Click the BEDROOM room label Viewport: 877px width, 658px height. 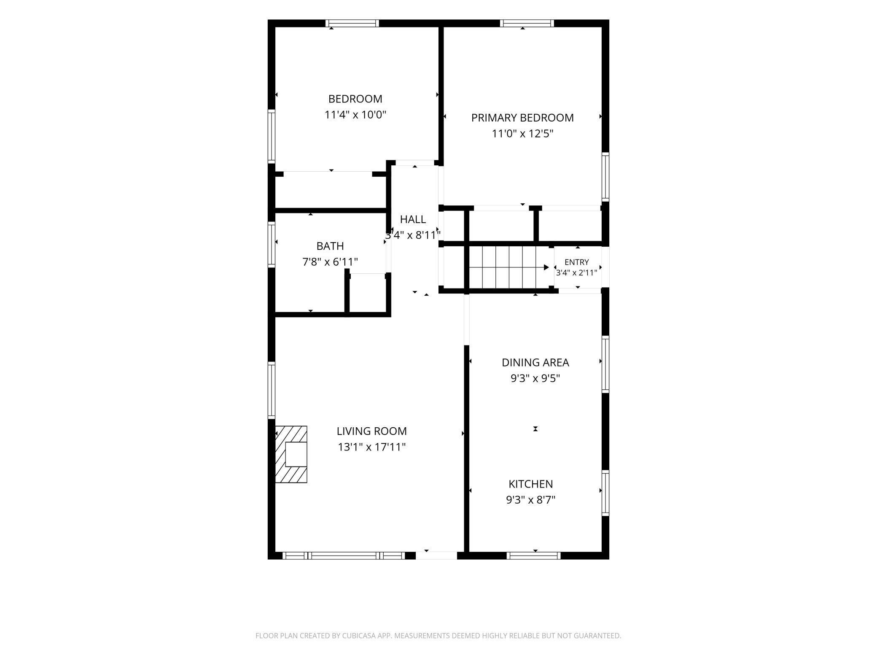click(355, 99)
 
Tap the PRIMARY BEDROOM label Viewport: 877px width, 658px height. click(522, 118)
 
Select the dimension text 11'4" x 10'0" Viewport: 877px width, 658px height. click(355, 115)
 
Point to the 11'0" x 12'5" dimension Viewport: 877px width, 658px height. click(522, 134)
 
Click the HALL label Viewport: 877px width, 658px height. click(413, 219)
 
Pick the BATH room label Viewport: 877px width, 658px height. click(330, 246)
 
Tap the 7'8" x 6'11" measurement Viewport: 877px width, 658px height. click(330, 262)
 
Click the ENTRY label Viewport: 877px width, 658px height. click(576, 262)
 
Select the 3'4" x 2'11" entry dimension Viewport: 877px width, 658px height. click(576, 273)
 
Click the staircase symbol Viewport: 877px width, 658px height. click(509, 267)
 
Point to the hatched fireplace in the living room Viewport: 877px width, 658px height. click(291, 454)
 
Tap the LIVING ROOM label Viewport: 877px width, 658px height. click(371, 431)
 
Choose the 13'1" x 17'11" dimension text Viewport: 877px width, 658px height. click(371, 447)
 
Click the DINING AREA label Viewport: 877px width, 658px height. click(535, 362)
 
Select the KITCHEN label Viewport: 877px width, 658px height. click(530, 484)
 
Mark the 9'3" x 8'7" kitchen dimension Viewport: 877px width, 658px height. click(530, 500)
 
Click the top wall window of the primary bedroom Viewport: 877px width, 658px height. click(527, 23)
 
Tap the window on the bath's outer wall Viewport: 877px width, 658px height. click(272, 245)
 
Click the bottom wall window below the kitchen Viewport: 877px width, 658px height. click(533, 556)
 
